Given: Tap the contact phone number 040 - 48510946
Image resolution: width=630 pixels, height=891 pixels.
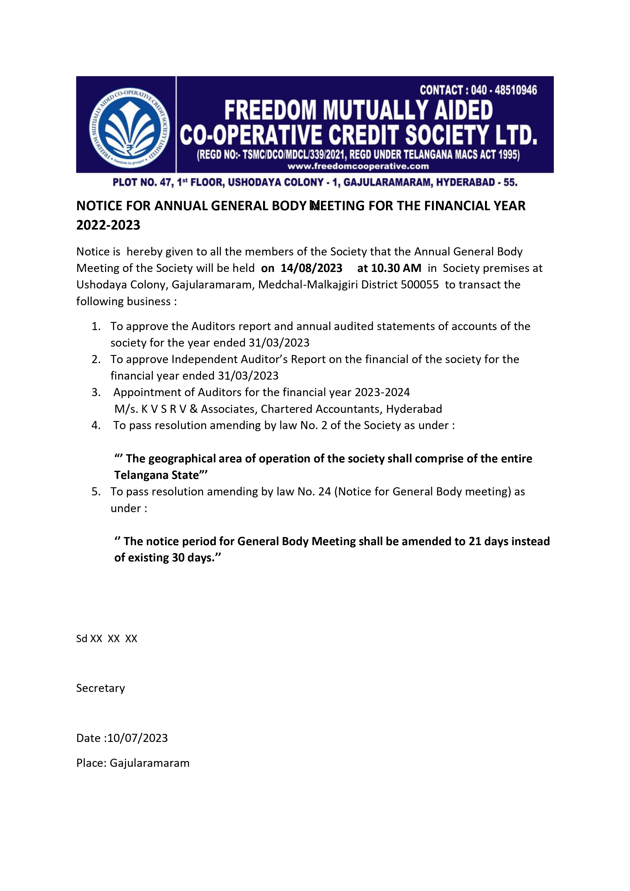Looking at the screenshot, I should pyautogui.click(x=504, y=90).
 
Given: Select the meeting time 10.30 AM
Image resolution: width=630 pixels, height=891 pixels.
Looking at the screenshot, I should pyautogui.click(x=396, y=268).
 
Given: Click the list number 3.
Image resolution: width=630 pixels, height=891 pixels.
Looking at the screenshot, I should pyautogui.click(x=96, y=392).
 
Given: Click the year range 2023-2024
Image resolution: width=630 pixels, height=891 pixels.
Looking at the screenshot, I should pyautogui.click(x=382, y=392).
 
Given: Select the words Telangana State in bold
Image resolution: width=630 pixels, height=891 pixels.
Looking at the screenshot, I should pyautogui.click(x=156, y=475).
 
